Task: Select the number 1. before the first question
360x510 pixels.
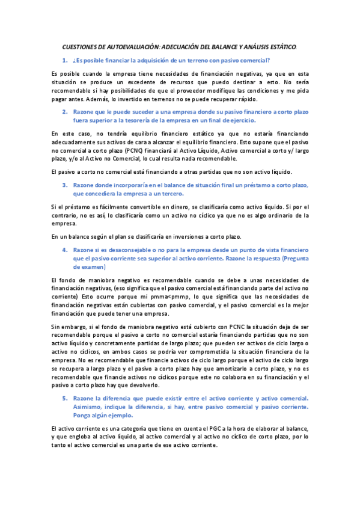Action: (x=65, y=60)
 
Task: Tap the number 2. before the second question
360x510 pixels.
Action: (x=65, y=112)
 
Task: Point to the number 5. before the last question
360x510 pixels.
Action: (x=65, y=398)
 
